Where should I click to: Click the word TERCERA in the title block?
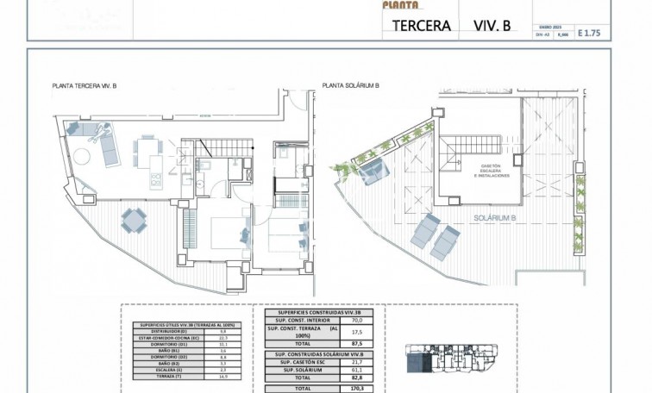pyautogui.click(x=422, y=26)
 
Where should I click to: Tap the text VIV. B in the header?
pyautogui.click(x=492, y=26)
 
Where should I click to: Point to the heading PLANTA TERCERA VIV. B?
pyautogui.click(x=85, y=86)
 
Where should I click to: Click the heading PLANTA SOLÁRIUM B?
pyautogui.click(x=351, y=86)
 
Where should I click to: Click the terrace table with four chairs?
pyautogui.click(x=133, y=221)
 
